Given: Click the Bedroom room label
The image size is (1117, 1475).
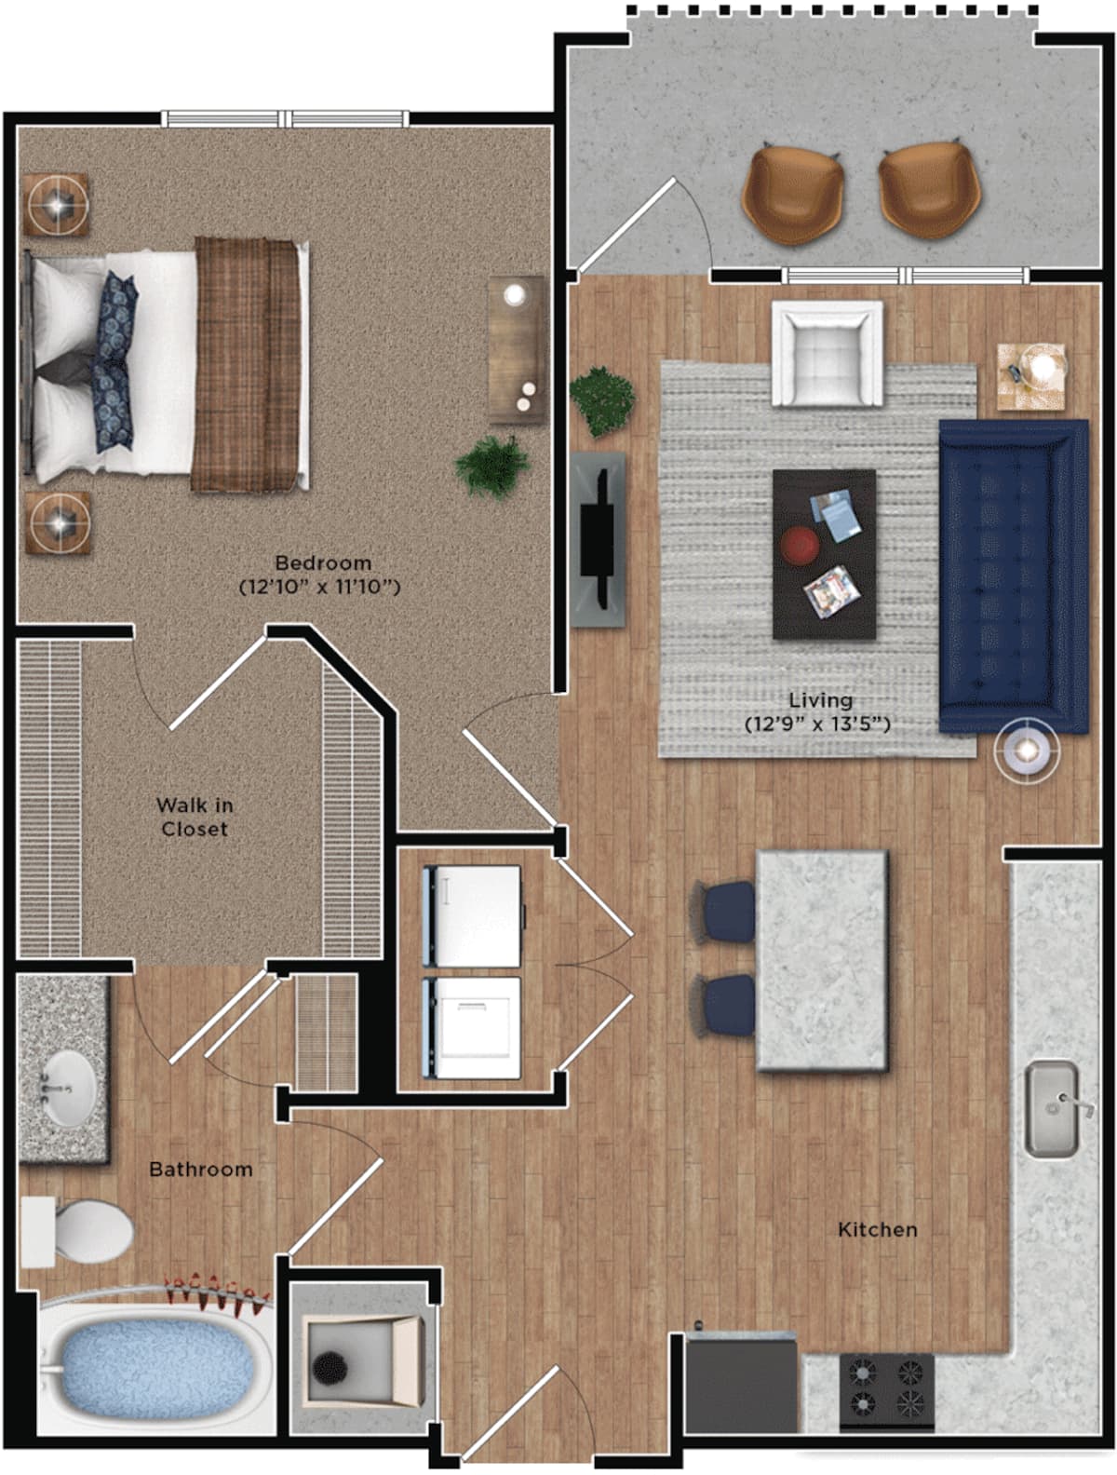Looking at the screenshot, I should click(323, 562).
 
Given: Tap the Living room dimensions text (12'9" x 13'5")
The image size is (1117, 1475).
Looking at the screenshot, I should click(816, 723).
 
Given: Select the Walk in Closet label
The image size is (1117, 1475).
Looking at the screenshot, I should click(194, 817).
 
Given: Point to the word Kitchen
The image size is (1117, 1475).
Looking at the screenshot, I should click(877, 1230).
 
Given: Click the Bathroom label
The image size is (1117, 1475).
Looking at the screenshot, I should click(201, 1169).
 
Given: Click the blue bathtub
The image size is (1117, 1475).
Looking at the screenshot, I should click(152, 1365).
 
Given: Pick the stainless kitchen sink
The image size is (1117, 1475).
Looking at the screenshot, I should click(1051, 1110).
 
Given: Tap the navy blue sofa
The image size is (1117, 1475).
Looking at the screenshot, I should click(1013, 575).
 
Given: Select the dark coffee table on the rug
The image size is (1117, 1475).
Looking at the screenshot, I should click(824, 554).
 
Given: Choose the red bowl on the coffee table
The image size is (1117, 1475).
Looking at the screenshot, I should click(799, 545).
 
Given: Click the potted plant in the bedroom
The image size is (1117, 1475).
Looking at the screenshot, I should click(492, 466).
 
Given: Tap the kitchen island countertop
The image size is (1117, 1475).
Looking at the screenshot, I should click(822, 959).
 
